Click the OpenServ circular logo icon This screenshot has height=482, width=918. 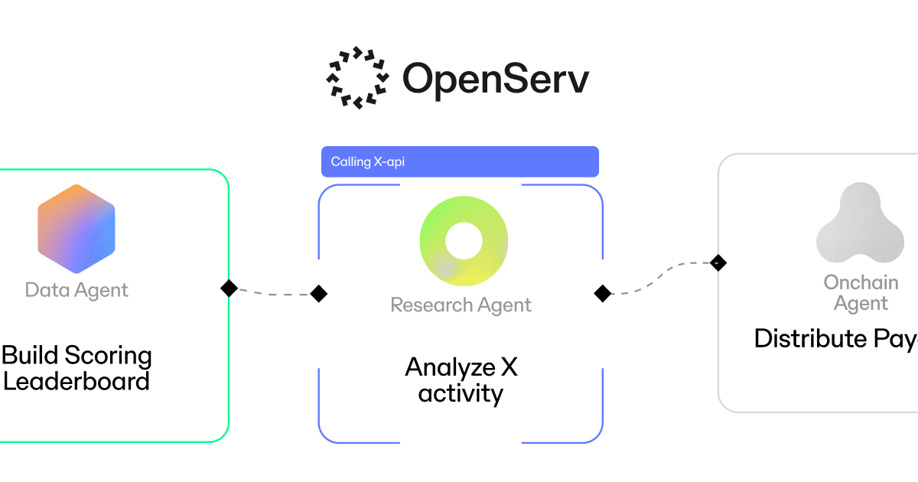click(357, 77)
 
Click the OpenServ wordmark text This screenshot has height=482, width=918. click(496, 78)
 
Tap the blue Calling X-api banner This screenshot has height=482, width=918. click(459, 161)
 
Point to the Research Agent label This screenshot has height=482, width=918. click(461, 305)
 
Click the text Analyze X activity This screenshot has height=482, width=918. click(461, 380)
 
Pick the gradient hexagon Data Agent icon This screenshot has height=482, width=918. click(76, 229)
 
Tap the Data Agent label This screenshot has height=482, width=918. click(76, 291)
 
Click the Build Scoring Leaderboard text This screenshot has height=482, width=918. click(76, 368)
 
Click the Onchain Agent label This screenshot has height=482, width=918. click(861, 293)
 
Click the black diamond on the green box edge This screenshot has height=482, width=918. click(229, 288)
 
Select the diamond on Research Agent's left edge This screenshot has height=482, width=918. click(319, 293)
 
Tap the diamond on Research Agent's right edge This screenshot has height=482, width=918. click(603, 293)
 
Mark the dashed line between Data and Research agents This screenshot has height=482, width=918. click(274, 292)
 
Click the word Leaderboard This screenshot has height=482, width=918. click(76, 381)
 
